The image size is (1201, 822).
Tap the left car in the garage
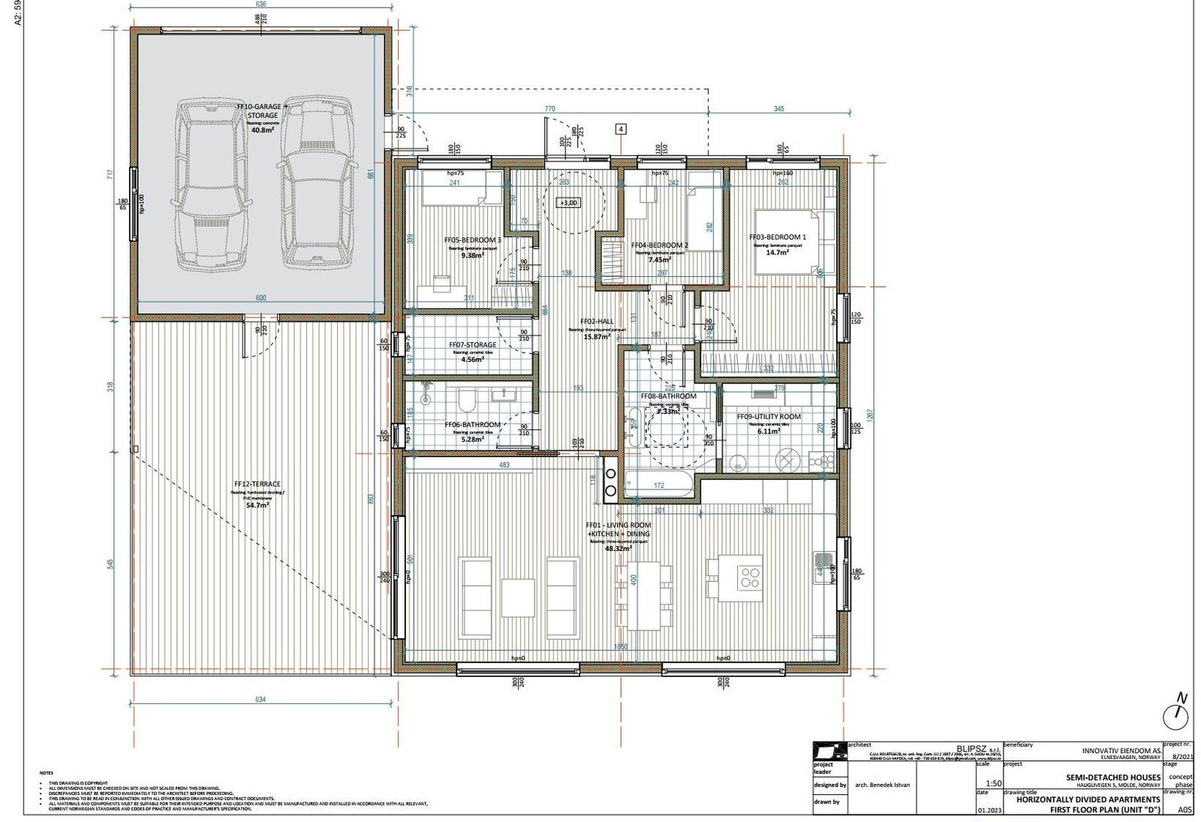click(x=212, y=184)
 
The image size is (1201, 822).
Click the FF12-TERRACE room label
click(x=257, y=484)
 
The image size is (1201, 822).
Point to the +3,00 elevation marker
click(x=567, y=203)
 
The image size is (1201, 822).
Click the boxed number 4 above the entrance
click(x=620, y=128)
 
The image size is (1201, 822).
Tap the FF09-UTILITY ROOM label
click(x=768, y=417)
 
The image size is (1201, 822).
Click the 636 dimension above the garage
click(x=260, y=4)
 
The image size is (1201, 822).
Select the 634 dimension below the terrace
click(x=260, y=699)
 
